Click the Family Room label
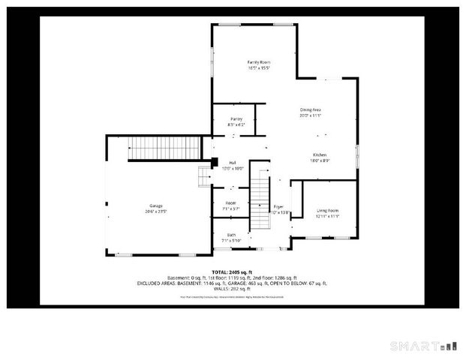(259, 61)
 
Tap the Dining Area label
(310, 109)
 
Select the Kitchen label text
(320, 154)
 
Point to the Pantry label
(236, 118)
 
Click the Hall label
(233, 163)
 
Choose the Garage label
(156, 205)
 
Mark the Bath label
(232, 235)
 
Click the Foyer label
(278, 206)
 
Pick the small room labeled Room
(231, 203)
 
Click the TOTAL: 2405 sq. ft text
(232, 271)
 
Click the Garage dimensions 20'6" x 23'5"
(156, 211)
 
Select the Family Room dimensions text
(259, 67)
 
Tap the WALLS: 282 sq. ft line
(232, 289)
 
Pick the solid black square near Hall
(214, 161)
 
